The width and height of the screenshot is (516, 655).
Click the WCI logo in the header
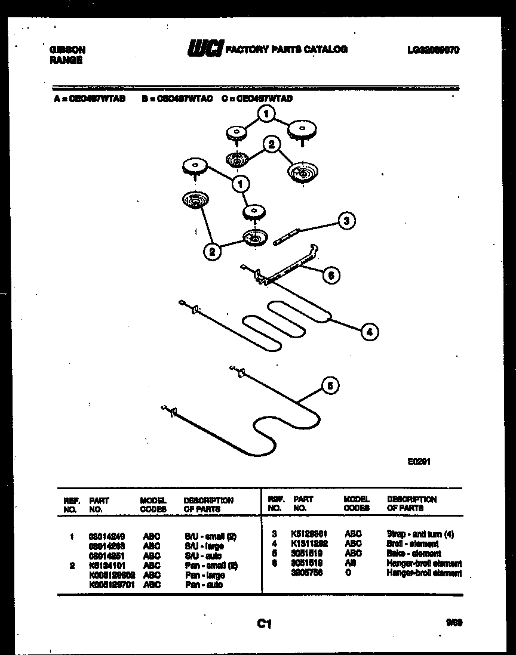tap(204, 49)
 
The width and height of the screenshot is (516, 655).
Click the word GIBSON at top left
tap(67, 50)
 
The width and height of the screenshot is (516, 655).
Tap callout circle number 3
tap(346, 221)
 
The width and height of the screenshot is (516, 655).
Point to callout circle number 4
tap(370, 332)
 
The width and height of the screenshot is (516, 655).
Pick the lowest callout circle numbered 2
tap(212, 252)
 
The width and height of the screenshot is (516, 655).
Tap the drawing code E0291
tap(420, 461)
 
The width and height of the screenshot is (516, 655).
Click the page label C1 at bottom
tap(264, 624)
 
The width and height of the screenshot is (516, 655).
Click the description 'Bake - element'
tap(414, 554)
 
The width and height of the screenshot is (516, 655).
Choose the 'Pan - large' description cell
tap(204, 575)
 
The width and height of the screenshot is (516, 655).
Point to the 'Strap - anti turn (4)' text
tap(420, 534)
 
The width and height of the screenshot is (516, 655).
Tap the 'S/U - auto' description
tap(203, 556)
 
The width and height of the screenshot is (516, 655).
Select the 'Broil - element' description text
tap(413, 544)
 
